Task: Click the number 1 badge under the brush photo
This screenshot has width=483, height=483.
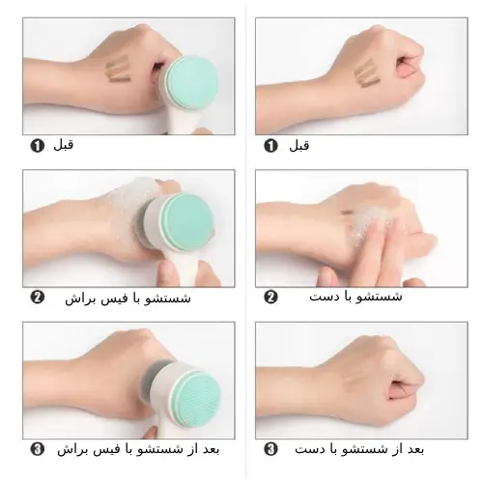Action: (x=37, y=146)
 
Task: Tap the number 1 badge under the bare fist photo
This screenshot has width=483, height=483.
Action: (x=270, y=146)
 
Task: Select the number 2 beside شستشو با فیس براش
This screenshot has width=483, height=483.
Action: (x=37, y=298)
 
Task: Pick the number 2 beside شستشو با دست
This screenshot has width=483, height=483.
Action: (x=270, y=298)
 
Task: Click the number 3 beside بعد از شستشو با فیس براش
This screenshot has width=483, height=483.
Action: (x=37, y=449)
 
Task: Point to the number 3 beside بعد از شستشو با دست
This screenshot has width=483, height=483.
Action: (x=270, y=449)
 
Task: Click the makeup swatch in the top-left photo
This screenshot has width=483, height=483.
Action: (x=119, y=69)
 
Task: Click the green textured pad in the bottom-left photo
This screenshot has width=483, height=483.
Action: (x=198, y=399)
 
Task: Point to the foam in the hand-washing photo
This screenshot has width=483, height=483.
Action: (x=370, y=220)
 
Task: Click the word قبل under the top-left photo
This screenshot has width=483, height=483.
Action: (x=64, y=145)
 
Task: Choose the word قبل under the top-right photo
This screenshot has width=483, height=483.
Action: (x=299, y=146)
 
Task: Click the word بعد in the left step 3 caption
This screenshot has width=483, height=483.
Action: (x=210, y=449)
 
